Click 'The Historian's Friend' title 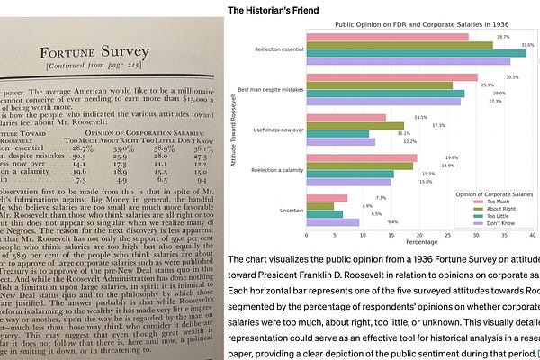(271, 11)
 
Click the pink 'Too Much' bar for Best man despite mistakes (391, 77)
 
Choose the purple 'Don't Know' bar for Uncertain (333, 221)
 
